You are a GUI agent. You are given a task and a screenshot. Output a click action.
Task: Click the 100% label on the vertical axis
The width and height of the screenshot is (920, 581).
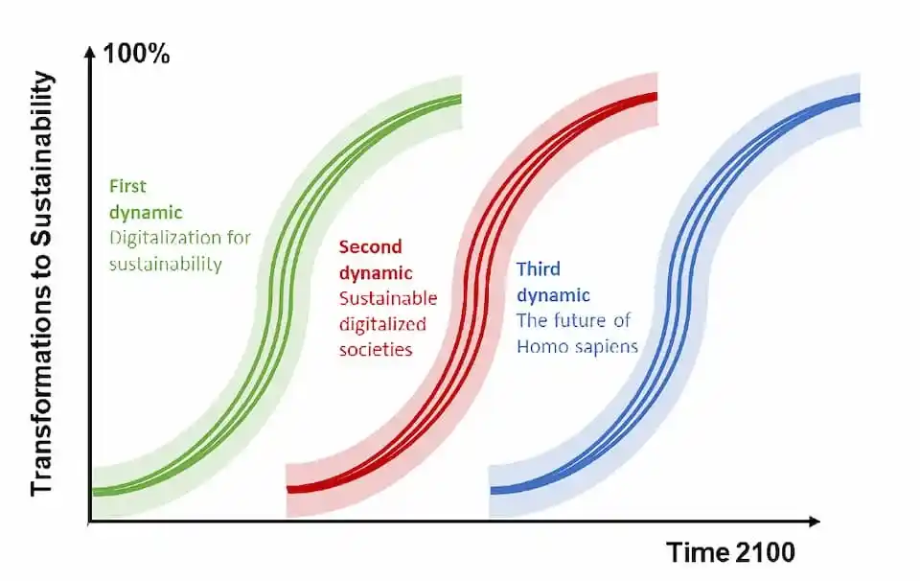click(136, 54)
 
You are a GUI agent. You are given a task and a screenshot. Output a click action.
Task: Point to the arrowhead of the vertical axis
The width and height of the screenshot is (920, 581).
click(90, 53)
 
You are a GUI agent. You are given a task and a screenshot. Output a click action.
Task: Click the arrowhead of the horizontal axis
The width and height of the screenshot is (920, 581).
click(814, 522)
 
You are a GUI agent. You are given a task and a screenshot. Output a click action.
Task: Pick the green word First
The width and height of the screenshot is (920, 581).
click(127, 186)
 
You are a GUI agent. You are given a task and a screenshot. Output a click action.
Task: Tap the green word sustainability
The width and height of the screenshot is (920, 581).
click(166, 264)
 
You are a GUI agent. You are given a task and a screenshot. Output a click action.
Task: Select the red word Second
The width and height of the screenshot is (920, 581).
click(370, 246)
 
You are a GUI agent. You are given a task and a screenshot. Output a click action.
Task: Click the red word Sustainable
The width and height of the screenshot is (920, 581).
click(388, 298)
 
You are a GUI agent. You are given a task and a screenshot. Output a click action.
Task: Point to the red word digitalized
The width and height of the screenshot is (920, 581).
click(382, 324)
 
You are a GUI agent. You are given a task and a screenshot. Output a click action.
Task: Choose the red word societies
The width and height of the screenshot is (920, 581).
click(376, 350)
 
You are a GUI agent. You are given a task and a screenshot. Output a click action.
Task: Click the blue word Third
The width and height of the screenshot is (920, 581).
click(538, 268)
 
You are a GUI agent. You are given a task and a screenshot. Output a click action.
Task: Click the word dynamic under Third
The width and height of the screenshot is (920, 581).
click(553, 295)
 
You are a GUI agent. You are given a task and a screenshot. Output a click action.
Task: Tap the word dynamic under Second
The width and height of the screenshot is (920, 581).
click(376, 273)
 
